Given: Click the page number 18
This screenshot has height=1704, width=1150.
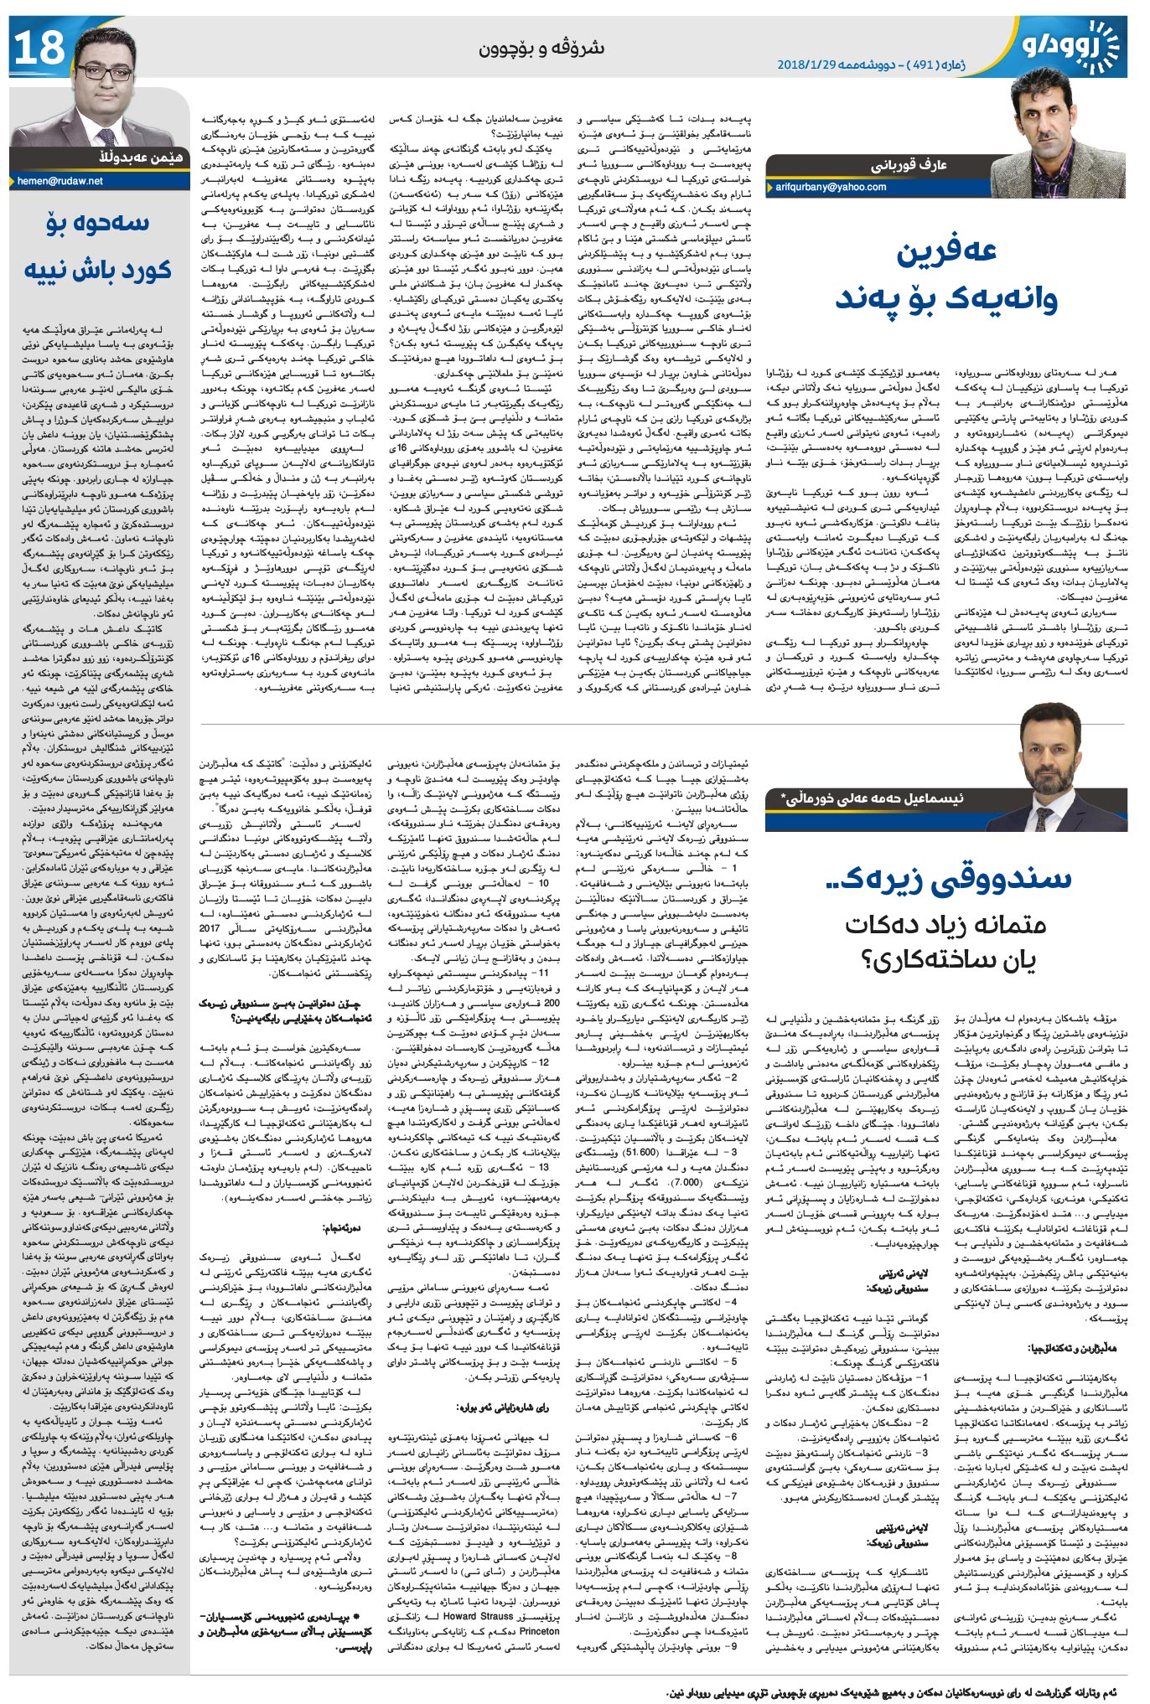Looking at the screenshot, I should click(39, 48).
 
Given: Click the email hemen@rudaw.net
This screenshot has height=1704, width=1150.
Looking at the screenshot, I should click(60, 180).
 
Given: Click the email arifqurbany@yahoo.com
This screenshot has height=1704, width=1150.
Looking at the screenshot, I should click(831, 187).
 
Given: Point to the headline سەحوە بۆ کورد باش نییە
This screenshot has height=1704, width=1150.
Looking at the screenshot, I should click(97, 246).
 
